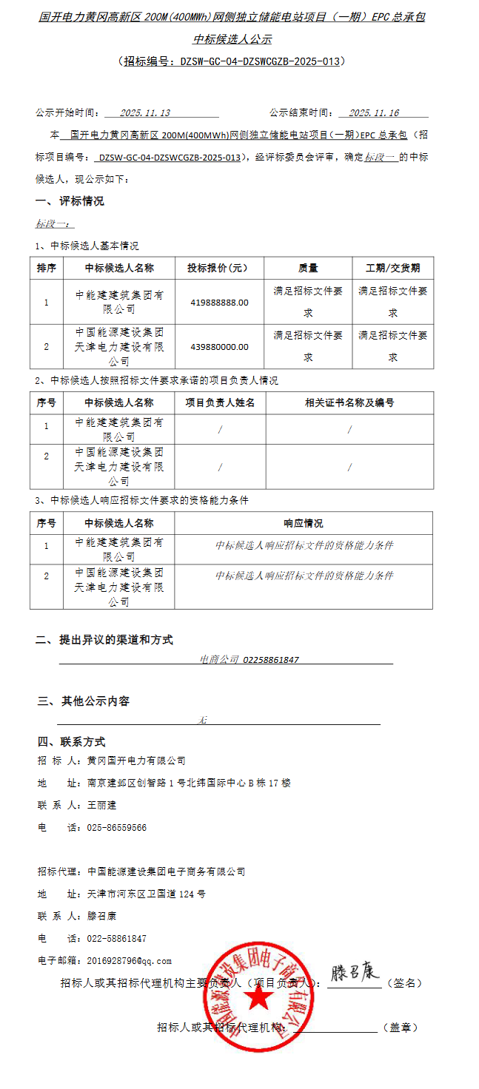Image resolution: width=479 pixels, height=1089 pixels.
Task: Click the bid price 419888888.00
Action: (x=219, y=302)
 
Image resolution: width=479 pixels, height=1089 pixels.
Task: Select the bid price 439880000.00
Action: (x=219, y=346)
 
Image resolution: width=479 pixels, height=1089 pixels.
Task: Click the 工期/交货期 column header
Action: (x=392, y=268)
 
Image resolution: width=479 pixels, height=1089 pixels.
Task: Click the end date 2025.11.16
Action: (x=374, y=113)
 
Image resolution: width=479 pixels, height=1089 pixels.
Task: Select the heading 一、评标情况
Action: (x=70, y=201)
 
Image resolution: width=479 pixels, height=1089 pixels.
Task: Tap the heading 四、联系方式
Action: (x=71, y=742)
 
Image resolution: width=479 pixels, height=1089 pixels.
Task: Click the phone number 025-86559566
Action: (x=117, y=828)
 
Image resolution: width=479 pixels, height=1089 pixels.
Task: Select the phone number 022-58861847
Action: (x=117, y=939)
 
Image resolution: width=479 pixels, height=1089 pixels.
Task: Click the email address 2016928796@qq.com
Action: (x=130, y=961)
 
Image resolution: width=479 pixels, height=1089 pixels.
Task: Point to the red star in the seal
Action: (x=259, y=999)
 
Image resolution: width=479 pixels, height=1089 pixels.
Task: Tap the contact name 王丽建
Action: (x=102, y=805)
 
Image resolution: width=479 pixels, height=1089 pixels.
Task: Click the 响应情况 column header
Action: (x=304, y=523)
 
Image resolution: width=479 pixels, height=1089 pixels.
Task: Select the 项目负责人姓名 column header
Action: (x=220, y=402)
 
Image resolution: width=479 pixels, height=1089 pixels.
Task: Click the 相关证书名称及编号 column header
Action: (x=349, y=402)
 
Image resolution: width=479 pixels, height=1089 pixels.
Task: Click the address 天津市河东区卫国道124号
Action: (x=147, y=894)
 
